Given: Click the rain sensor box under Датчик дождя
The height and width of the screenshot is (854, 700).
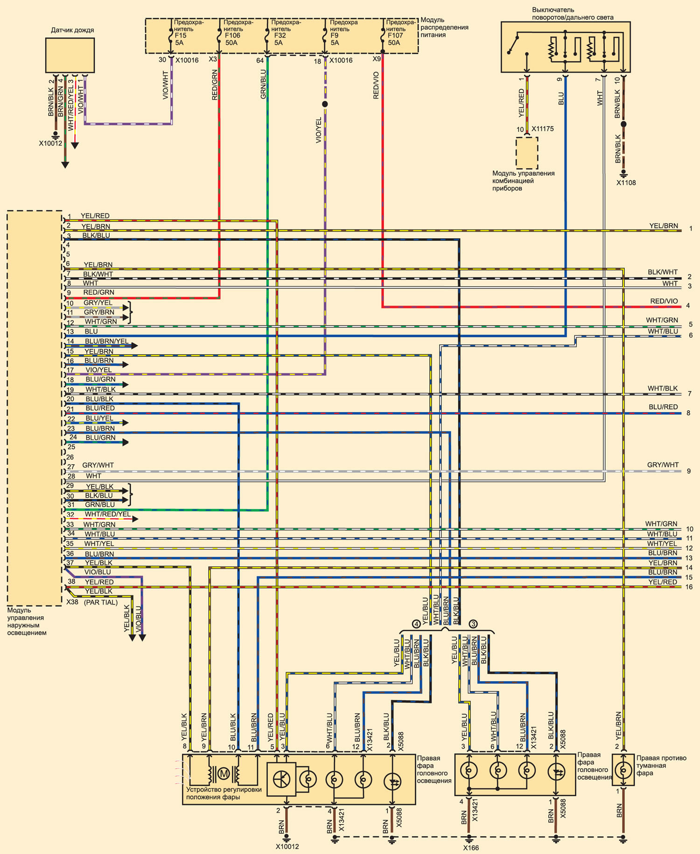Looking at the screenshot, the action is (70, 55).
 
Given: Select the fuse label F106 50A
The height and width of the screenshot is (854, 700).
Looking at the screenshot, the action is (232, 39).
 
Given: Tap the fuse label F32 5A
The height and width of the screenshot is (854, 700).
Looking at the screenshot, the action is (280, 39).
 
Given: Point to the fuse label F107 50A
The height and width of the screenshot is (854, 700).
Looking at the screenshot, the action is (395, 39).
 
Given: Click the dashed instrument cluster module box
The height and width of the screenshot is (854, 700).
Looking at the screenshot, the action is (527, 153).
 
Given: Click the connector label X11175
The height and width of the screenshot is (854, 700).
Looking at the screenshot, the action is (543, 129).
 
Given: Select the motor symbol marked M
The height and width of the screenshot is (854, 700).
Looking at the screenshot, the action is (224, 774).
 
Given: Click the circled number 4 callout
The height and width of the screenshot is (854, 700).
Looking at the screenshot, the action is (416, 624).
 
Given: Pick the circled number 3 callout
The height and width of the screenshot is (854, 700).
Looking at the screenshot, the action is (473, 624).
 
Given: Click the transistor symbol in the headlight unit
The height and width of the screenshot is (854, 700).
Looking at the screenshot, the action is (281, 779).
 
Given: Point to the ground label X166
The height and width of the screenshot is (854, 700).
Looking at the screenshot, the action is (471, 848).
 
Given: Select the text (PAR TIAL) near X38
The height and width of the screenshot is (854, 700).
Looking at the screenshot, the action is (101, 603).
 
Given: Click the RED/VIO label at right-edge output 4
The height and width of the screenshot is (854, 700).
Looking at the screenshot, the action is (664, 301).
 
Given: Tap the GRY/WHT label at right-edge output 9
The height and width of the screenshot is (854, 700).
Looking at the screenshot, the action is (663, 465).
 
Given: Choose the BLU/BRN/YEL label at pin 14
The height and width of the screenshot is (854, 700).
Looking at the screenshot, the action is (106, 342).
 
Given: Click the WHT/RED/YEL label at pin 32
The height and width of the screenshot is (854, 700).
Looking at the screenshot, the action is (108, 514).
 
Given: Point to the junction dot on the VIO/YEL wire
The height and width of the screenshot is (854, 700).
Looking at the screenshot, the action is (325, 104).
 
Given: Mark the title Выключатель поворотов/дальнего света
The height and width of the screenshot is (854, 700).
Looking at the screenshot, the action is (573, 14).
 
